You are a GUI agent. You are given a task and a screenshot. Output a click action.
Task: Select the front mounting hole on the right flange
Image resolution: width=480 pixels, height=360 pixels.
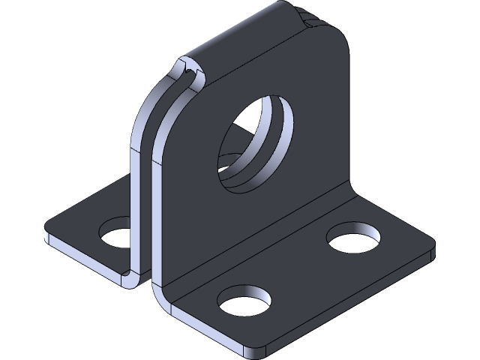[244, 301]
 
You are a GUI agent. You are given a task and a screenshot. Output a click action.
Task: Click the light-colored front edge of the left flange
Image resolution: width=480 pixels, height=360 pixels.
[82, 255]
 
